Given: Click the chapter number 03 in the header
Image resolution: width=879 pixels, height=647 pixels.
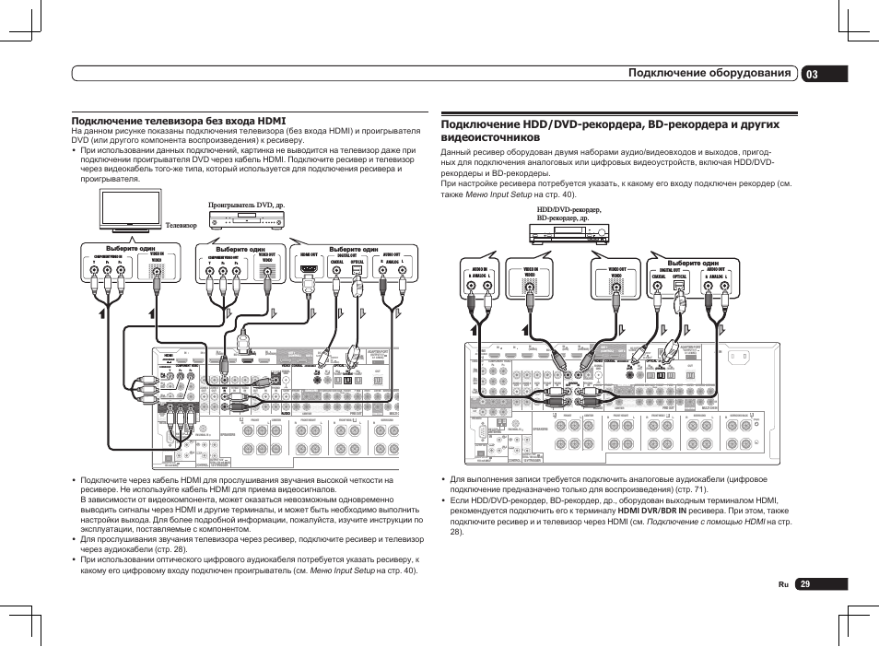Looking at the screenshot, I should (811, 74).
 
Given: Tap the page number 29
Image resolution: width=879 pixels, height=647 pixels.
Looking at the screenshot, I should (804, 584).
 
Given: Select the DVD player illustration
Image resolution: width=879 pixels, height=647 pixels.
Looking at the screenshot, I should (246, 222).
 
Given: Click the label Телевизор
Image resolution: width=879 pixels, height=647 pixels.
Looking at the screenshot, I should (182, 224).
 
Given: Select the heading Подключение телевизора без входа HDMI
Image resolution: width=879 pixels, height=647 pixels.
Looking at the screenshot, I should (179, 121).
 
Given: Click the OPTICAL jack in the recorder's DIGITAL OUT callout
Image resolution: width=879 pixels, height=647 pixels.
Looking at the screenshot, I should (679, 285).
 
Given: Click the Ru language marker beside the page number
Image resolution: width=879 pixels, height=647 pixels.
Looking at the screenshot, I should (783, 584).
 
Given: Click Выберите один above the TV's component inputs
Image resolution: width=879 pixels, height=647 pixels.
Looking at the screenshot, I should (124, 249).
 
